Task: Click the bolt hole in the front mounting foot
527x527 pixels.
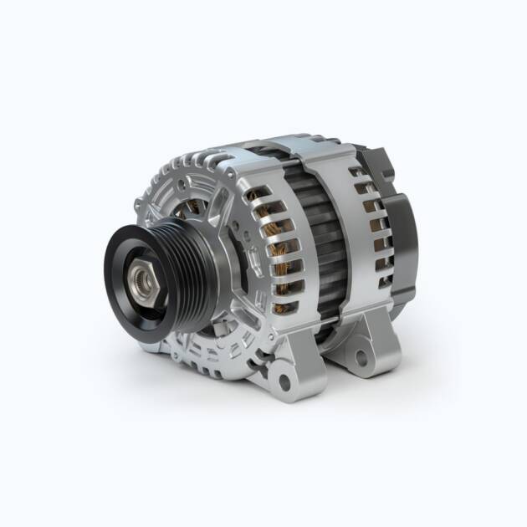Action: (x=284, y=383)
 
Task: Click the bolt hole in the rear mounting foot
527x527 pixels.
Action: (x=361, y=357)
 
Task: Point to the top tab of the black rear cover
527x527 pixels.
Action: (x=372, y=155)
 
